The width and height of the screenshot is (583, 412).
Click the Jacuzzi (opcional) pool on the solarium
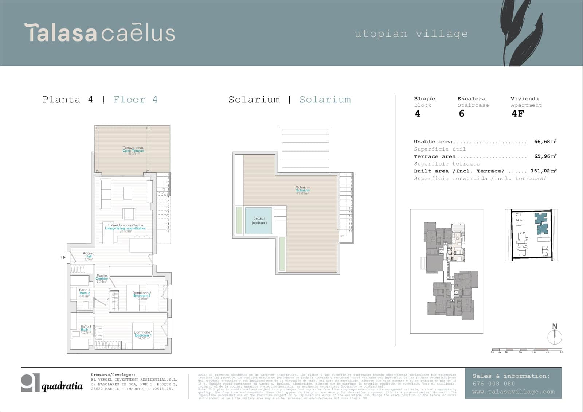pos(259,221)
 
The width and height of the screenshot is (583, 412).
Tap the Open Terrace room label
pos(133,151)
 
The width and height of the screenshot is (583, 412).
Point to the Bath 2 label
pos(85,293)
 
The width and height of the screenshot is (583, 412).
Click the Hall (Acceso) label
pos(89,256)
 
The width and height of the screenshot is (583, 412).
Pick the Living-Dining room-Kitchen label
pos(125,228)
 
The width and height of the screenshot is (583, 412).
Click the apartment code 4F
pos(518,113)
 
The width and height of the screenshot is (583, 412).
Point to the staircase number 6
pos(462,113)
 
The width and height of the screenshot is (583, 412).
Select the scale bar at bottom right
pos(527,350)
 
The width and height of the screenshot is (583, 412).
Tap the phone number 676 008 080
pos(494,384)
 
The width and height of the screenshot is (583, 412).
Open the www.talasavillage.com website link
pos(513,392)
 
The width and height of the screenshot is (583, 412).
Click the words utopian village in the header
pos(411,34)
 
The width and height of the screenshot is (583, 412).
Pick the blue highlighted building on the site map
pos(541,224)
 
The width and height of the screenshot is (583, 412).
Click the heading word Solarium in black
pos(254,100)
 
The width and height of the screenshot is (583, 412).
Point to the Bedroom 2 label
pos(142,295)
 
